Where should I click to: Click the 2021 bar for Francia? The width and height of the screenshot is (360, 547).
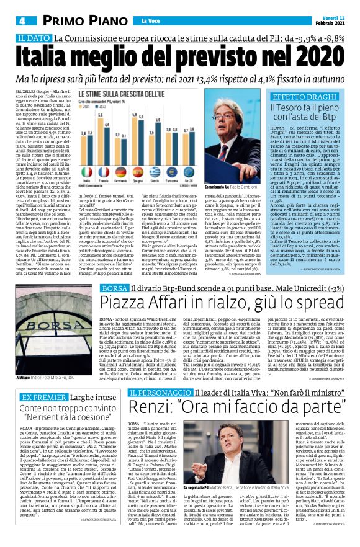point(110,139)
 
